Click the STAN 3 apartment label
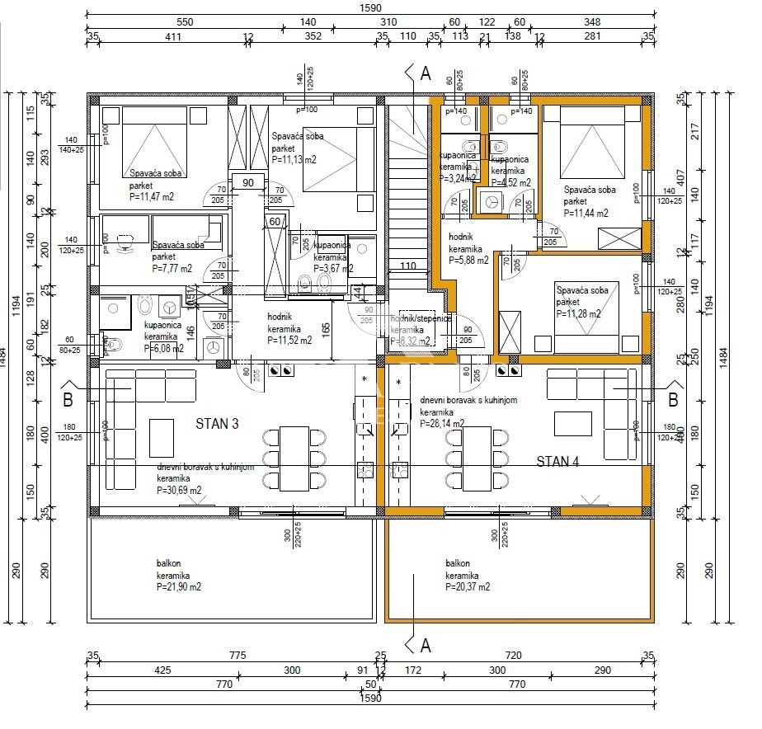(217, 424)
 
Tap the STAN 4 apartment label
(558, 461)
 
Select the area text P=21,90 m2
(179, 586)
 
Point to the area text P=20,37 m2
(468, 586)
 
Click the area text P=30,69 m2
(179, 489)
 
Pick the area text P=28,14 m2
(442, 423)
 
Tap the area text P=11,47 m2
(151, 197)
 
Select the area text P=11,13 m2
(294, 160)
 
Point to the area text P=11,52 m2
(289, 339)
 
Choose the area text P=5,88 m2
(468, 260)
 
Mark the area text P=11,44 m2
(587, 213)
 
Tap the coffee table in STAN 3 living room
(161, 431)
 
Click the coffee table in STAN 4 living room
(572, 423)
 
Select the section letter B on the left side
(68, 401)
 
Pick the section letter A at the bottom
(426, 646)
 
